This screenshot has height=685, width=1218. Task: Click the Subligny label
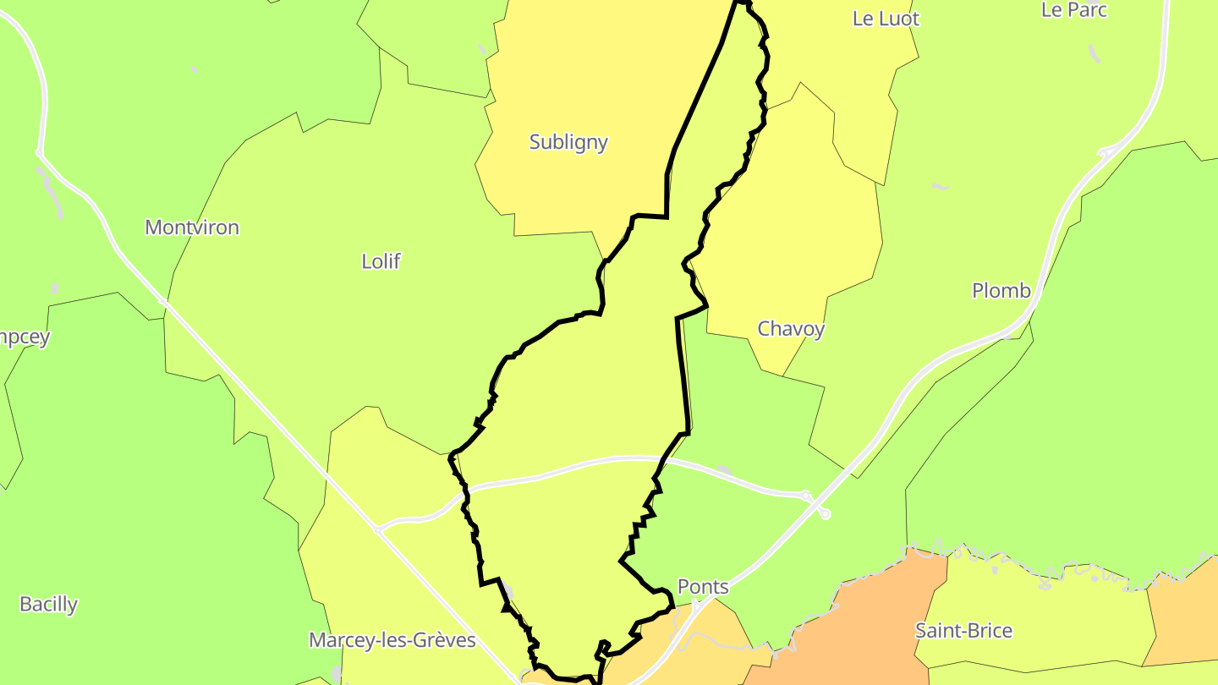tap(568, 141)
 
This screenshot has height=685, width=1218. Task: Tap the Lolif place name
tap(381, 261)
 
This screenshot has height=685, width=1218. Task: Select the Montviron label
tap(192, 227)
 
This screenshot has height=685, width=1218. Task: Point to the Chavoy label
tap(791, 328)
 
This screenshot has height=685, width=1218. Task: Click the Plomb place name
tap(1001, 291)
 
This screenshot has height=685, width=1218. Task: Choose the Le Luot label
tap(886, 19)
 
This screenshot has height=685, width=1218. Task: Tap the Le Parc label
tap(1074, 10)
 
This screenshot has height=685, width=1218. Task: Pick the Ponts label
tap(703, 587)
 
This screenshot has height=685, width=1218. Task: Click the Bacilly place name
tap(48, 604)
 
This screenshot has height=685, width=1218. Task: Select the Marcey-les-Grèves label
tap(392, 639)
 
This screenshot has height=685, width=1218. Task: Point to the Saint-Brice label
tap(963, 630)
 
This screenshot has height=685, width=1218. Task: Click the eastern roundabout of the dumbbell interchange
tap(825, 513)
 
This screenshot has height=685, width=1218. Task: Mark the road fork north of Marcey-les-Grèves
tap(378, 531)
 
